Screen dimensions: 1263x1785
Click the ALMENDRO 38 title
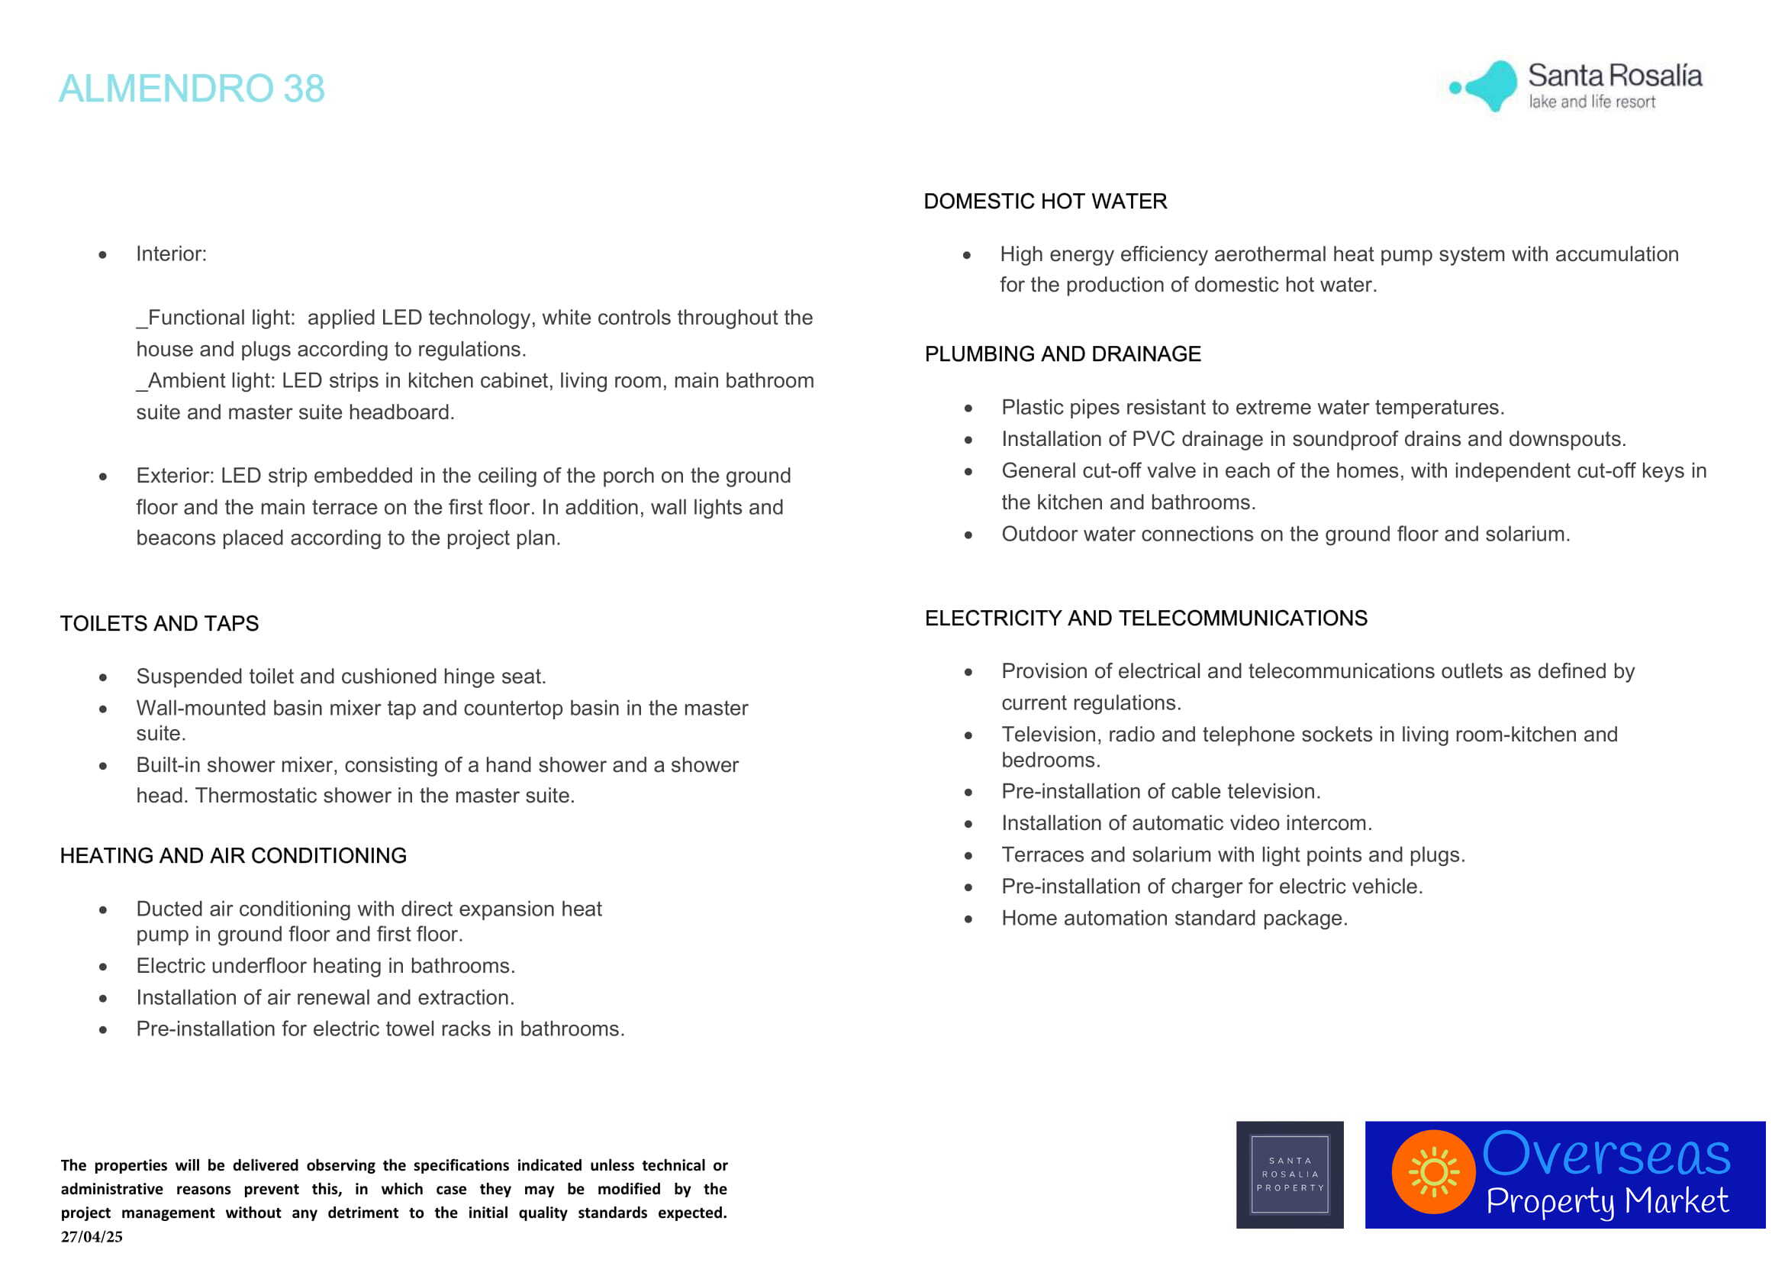[192, 88]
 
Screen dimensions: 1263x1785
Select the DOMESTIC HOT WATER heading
[1045, 202]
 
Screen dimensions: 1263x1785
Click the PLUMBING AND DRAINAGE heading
[1062, 354]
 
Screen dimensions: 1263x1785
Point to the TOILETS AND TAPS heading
[159, 623]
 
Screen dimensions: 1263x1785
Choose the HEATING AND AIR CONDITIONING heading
[234, 855]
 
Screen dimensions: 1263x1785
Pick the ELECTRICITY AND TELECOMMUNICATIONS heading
[1145, 619]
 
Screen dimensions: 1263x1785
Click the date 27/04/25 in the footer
[92, 1236]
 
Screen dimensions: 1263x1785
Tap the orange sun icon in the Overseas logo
[1434, 1172]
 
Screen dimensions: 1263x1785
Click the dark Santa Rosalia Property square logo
[1290, 1174]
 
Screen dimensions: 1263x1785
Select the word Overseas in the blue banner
[1606, 1154]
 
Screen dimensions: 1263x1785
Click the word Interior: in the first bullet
[171, 254]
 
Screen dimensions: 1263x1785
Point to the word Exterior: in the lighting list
[175, 475]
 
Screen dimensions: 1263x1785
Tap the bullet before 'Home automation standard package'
[968, 919]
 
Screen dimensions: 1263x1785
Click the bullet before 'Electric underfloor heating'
[103, 967]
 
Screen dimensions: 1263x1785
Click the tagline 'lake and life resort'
[1591, 102]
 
